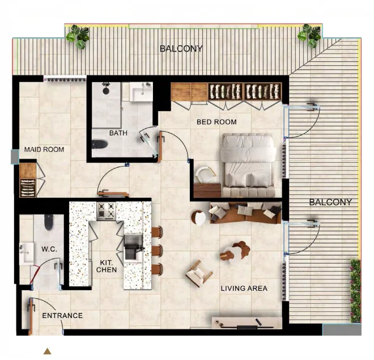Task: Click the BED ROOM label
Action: (216, 122)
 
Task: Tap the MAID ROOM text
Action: (44, 150)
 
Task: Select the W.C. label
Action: (49, 249)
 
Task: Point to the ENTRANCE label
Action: (62, 316)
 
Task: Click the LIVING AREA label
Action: (244, 289)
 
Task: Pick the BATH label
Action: (118, 133)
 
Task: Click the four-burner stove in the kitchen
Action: (106, 211)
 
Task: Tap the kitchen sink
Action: (134, 247)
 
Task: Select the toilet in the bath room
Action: (100, 144)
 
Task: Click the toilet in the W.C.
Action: (49, 222)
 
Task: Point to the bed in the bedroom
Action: (248, 165)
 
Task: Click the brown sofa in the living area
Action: (245, 213)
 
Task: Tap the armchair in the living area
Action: (199, 273)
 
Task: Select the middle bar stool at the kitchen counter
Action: (157, 251)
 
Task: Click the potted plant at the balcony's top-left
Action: (78, 36)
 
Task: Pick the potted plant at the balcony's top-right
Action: (309, 36)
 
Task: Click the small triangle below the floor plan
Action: (47, 351)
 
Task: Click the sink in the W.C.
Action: (26, 254)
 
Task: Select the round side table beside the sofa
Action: (199, 218)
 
